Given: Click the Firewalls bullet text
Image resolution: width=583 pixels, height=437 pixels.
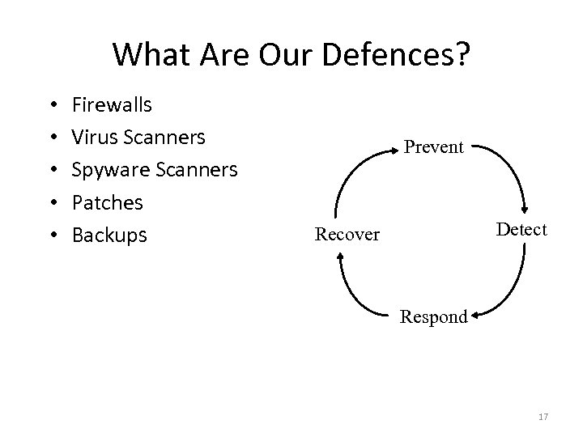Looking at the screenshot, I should click(113, 104).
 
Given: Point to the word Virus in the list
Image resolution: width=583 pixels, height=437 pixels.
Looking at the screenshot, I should click(95, 137).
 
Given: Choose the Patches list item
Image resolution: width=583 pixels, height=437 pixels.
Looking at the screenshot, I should click(108, 202).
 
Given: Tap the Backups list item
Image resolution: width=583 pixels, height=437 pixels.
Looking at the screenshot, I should click(110, 235).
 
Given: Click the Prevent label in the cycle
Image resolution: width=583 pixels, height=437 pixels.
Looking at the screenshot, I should click(433, 147).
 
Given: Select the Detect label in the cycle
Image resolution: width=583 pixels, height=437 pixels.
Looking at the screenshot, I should click(521, 229).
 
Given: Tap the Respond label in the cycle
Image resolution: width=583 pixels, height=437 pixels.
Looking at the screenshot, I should click(433, 316).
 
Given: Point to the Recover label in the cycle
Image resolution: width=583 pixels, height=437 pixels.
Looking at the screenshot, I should click(347, 235).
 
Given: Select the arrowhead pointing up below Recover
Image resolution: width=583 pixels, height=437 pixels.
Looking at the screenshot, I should click(342, 257).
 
